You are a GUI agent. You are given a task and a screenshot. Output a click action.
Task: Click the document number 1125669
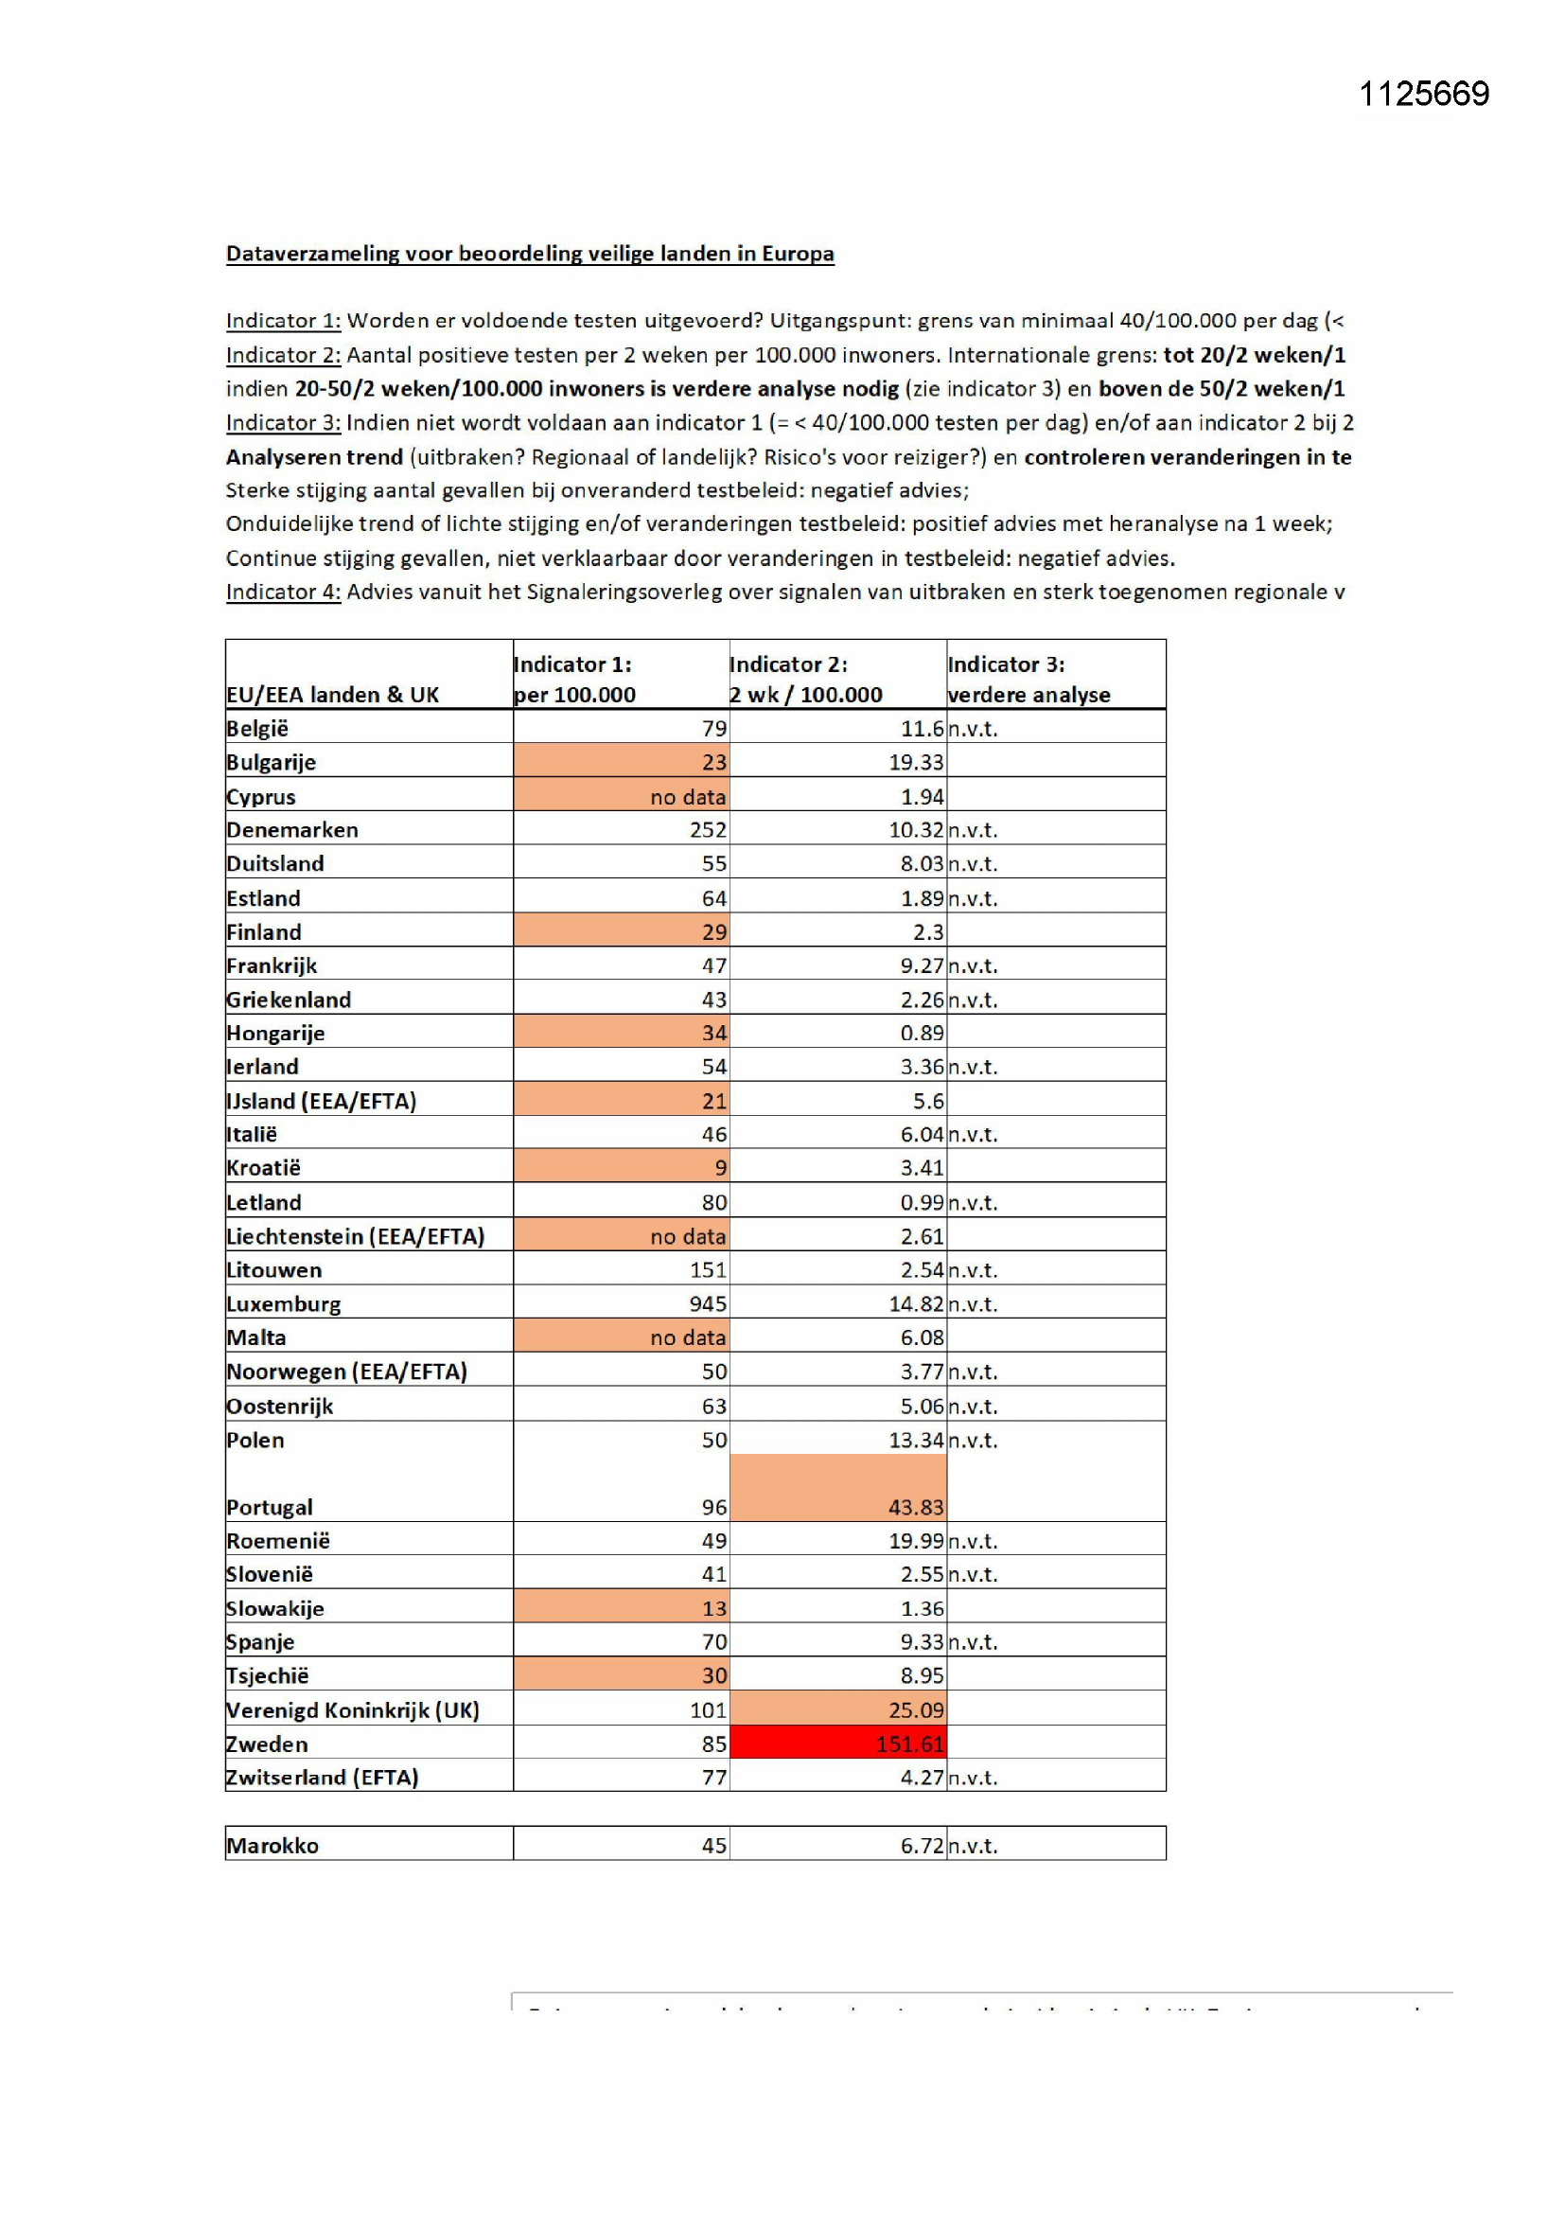(x=1423, y=94)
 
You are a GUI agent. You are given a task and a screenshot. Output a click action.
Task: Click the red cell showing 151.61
(x=909, y=1744)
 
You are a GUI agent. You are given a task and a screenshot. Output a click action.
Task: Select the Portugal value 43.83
(x=917, y=1507)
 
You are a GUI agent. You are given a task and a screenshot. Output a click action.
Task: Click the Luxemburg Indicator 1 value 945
(x=708, y=1303)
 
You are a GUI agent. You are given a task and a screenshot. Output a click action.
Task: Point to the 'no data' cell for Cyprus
(x=687, y=796)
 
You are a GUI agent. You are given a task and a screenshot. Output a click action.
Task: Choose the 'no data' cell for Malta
(x=687, y=1337)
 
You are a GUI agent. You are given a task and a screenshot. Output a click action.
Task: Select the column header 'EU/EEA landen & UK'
(x=332, y=694)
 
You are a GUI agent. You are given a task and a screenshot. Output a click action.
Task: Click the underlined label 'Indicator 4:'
(x=283, y=592)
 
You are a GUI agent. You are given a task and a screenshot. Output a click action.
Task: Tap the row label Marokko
(x=273, y=1845)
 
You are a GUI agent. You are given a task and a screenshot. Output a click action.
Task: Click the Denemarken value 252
(x=708, y=830)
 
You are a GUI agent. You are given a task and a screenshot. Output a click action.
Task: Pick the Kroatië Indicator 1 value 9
(x=720, y=1168)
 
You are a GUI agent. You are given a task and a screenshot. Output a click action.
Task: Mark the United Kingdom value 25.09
(x=916, y=1709)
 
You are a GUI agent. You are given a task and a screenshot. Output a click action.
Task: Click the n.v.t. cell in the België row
(x=973, y=729)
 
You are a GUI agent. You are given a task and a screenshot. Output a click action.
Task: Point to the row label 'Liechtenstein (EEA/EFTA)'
(x=355, y=1235)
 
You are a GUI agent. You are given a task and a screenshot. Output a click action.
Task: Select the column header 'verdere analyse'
(x=1029, y=694)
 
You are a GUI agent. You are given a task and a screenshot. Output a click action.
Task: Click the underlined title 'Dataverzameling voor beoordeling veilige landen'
(x=529, y=254)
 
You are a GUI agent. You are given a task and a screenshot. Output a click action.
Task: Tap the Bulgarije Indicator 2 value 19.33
(x=916, y=762)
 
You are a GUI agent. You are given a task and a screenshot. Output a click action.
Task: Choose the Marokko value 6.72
(x=922, y=1845)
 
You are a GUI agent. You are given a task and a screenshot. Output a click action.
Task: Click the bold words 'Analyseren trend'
(x=314, y=457)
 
